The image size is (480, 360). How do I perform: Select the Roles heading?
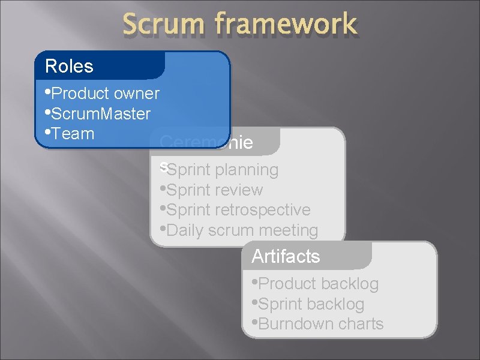click(70, 66)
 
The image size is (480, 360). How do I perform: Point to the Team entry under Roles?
click(73, 133)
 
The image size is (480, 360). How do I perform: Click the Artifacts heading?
click(286, 257)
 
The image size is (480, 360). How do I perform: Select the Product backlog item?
click(318, 284)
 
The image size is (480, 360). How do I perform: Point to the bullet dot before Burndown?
click(254, 323)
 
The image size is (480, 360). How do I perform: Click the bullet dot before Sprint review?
click(163, 189)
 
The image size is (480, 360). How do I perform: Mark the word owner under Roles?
click(136, 94)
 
